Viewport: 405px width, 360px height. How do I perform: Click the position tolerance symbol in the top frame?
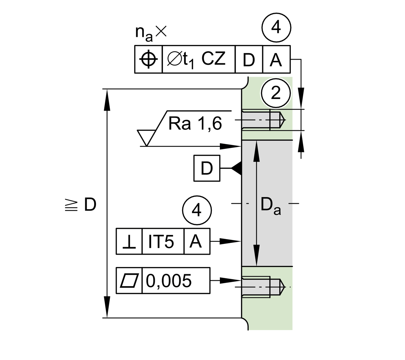pos(148,59)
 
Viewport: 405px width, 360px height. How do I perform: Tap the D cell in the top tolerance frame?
pos(249,60)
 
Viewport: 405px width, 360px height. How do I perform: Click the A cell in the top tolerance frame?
pos(276,60)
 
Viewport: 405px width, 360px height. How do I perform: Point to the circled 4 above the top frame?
pos(276,28)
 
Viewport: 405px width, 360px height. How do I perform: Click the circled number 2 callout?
pos(276,93)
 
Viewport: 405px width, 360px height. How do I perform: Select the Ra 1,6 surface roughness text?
pos(195,123)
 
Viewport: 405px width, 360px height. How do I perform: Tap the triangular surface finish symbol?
pos(146,138)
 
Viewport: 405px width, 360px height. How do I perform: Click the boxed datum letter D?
pos(207,168)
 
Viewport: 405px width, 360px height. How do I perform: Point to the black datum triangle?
pos(237,168)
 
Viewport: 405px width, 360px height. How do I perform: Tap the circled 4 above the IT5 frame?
pos(196,210)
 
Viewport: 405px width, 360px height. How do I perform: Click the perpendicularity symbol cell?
pos(129,241)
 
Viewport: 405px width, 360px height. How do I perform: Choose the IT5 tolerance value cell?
pos(161,241)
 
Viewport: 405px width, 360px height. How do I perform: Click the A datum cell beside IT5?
pos(196,241)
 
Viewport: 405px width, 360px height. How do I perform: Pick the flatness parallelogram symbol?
pos(129,280)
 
